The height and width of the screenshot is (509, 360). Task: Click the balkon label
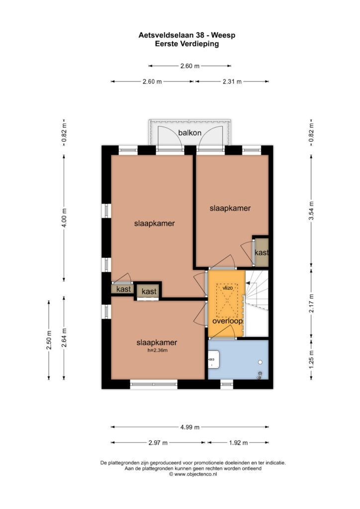(189, 133)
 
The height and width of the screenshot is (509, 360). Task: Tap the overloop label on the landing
(227, 321)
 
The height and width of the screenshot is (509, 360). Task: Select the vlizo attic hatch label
(227, 288)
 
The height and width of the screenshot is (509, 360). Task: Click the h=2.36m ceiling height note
(157, 350)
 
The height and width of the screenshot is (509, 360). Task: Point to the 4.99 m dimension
(190, 427)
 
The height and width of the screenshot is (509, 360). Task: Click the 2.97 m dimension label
(158, 442)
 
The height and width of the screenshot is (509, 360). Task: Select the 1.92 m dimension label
(238, 442)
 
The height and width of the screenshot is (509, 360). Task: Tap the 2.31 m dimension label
(232, 82)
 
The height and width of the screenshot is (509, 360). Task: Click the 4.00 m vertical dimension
(64, 218)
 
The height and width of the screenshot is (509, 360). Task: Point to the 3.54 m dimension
(311, 211)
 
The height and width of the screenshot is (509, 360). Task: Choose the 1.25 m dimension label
(311, 359)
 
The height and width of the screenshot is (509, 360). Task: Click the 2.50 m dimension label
(49, 340)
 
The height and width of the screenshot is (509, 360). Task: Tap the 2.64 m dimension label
(64, 338)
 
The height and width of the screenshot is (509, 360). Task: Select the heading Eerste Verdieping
(186, 44)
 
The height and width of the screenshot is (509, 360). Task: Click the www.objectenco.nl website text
(195, 474)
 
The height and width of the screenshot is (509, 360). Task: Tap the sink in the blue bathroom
(214, 359)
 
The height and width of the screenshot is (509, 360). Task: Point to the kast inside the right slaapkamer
(262, 253)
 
